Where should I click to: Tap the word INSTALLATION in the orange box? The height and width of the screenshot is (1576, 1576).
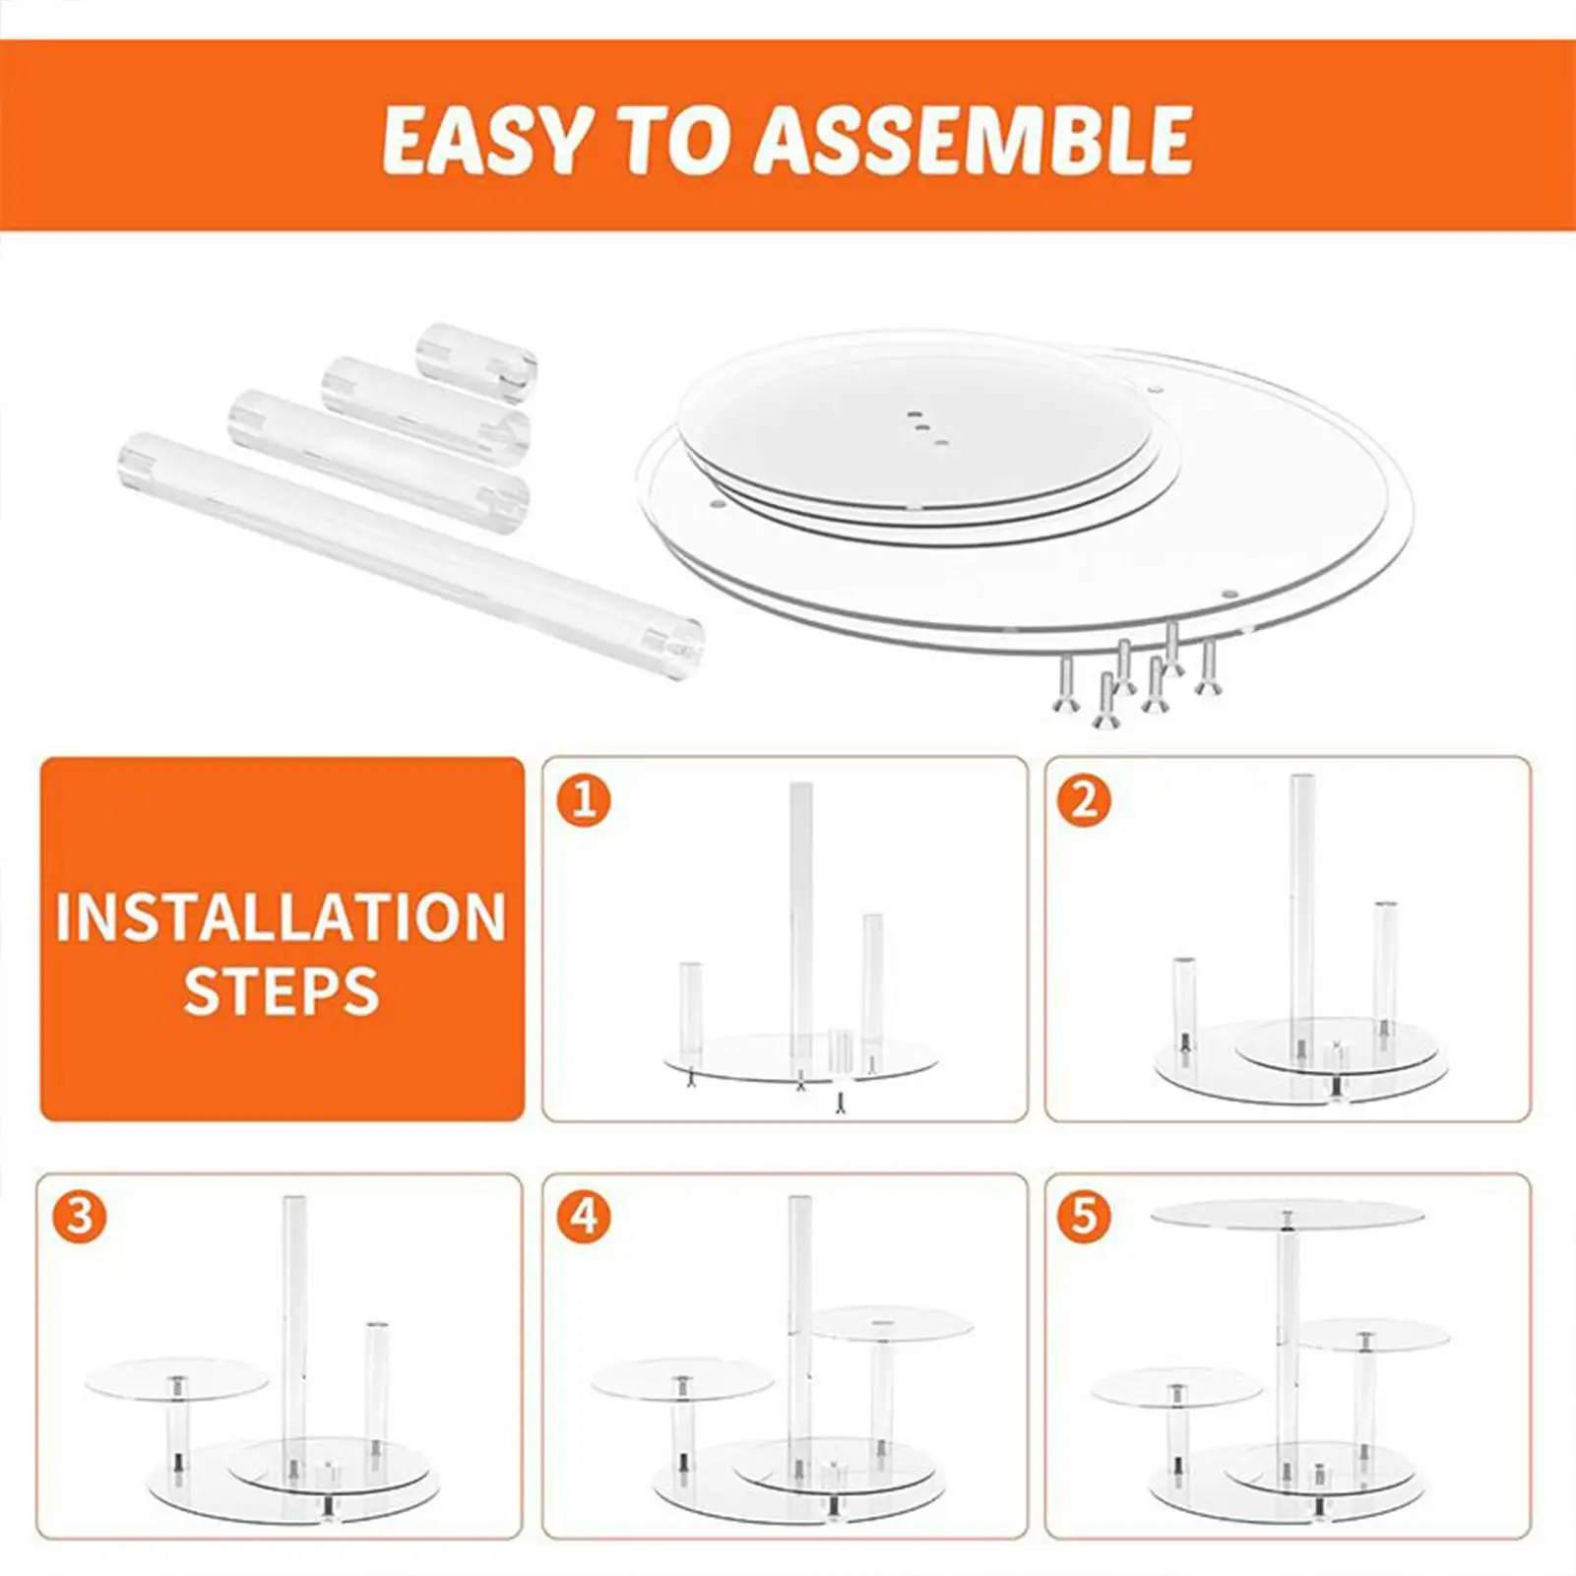281,917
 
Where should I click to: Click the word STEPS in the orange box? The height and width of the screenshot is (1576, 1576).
282,991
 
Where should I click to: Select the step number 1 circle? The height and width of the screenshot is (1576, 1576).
584,799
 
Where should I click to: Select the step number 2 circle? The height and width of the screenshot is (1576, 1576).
1084,799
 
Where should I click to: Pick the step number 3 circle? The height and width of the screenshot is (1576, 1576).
80,1217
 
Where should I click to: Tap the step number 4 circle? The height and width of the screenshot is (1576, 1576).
584,1217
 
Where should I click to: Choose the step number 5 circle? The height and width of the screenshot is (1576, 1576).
1084,1217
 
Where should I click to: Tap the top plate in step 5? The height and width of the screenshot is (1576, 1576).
1287,1214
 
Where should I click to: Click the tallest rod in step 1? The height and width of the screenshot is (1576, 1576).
801,915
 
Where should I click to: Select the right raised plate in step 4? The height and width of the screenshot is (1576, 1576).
891,1322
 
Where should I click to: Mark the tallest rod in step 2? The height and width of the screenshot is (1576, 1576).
1302,906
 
